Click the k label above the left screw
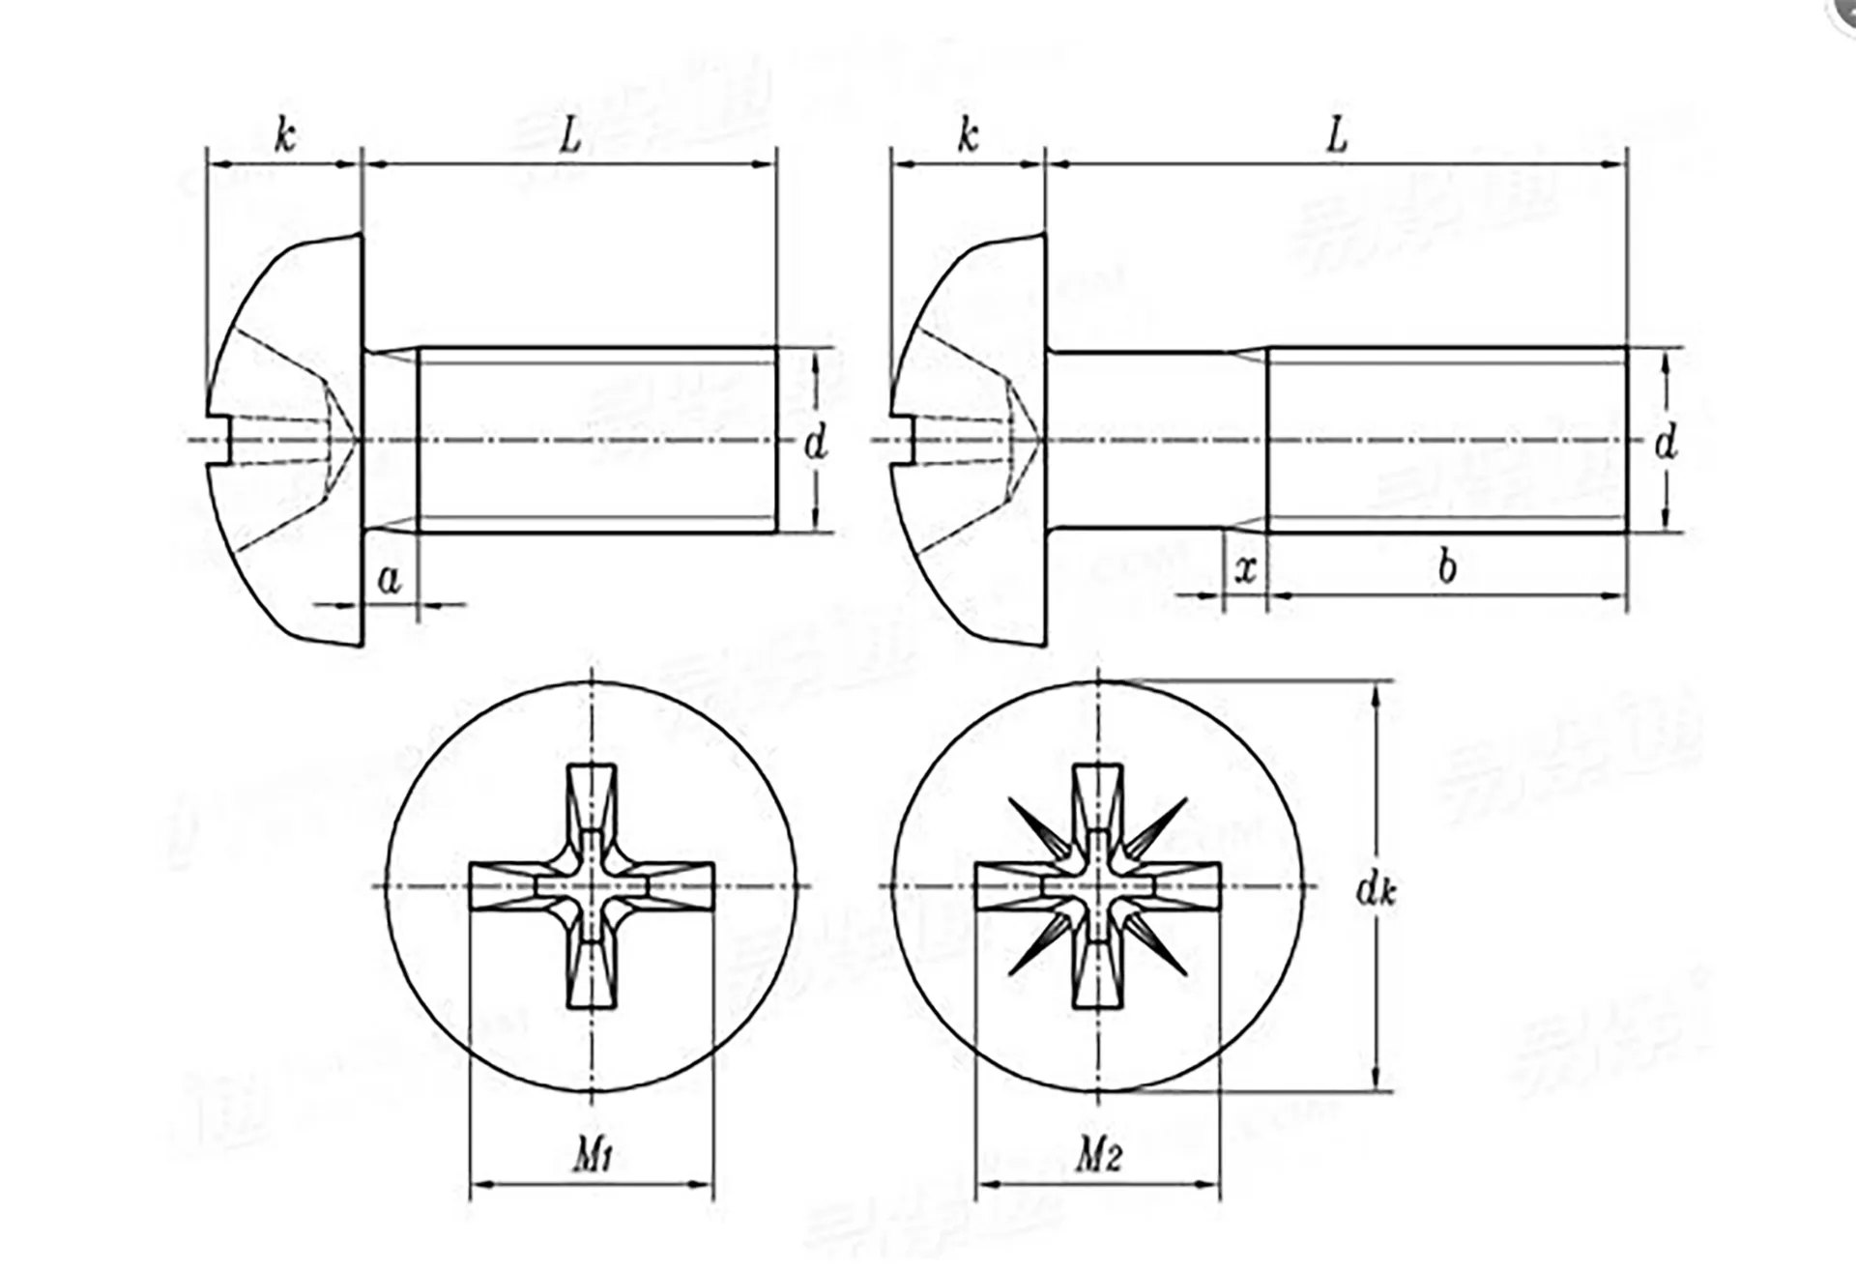(284, 136)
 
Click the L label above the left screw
(570, 136)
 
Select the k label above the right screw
(968, 136)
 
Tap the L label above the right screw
(1336, 136)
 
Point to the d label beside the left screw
(816, 443)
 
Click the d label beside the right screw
(1665, 443)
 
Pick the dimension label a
(389, 580)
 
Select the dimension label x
(1246, 569)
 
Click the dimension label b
(1446, 568)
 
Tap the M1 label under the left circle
(593, 1154)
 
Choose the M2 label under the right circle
(1099, 1154)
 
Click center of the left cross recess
(592, 886)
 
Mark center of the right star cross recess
(1097, 886)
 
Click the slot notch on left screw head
(221, 442)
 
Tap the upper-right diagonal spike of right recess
(1160, 824)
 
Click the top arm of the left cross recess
(592, 802)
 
